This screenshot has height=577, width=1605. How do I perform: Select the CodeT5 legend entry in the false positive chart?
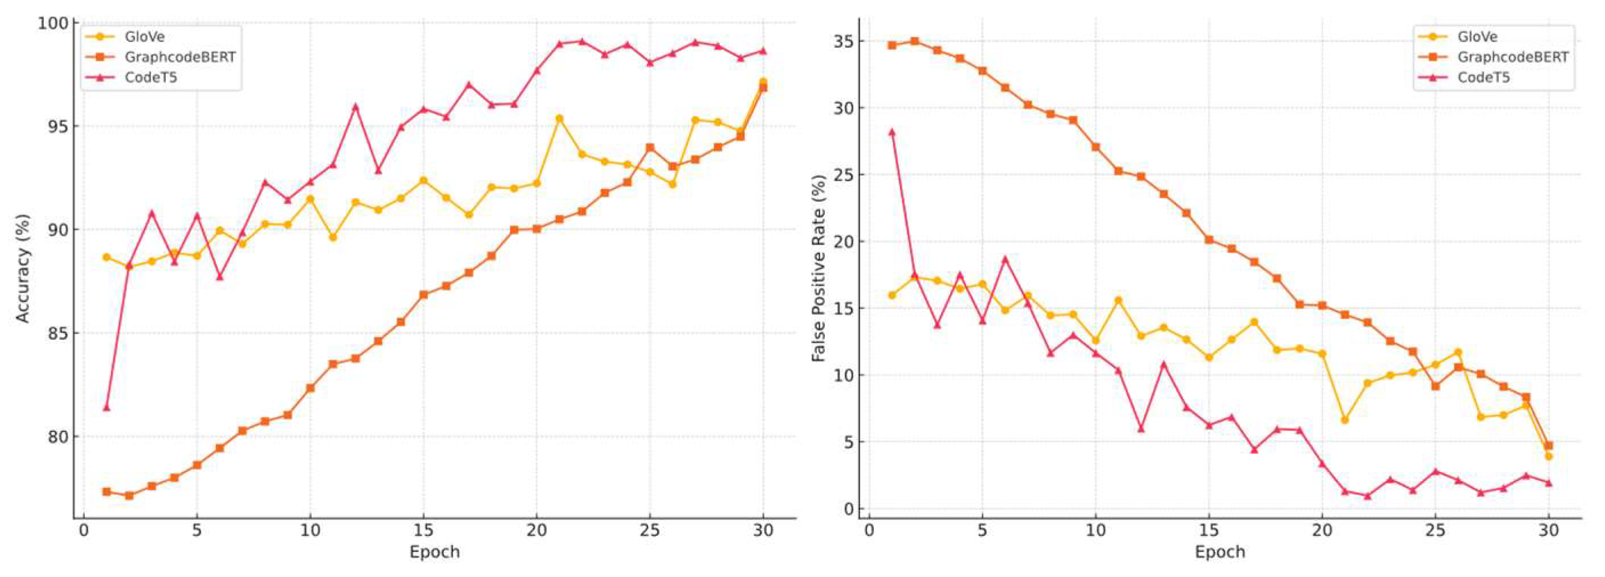click(x=1484, y=78)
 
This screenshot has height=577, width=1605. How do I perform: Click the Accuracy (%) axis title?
click(x=23, y=269)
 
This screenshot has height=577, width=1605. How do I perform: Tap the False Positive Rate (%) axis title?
click(x=818, y=269)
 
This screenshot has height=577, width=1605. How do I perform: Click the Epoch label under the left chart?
click(x=434, y=552)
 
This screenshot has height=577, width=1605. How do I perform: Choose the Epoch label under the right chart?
click(x=1219, y=552)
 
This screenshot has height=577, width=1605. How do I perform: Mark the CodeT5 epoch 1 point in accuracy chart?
click(x=107, y=408)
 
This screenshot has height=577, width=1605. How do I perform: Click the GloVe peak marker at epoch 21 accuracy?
click(x=560, y=119)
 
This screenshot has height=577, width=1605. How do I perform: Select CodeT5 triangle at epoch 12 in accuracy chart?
click(x=356, y=107)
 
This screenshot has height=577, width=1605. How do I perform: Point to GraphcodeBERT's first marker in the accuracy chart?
click(x=107, y=491)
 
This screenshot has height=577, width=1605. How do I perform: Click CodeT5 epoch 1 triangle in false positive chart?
click(x=891, y=132)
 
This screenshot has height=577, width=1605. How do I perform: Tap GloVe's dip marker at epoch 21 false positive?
click(x=1345, y=420)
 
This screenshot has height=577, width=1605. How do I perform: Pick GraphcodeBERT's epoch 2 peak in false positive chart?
click(x=915, y=41)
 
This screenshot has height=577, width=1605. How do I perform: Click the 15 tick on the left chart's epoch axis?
click(x=423, y=531)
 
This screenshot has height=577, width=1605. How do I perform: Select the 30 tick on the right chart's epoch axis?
click(x=1549, y=531)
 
